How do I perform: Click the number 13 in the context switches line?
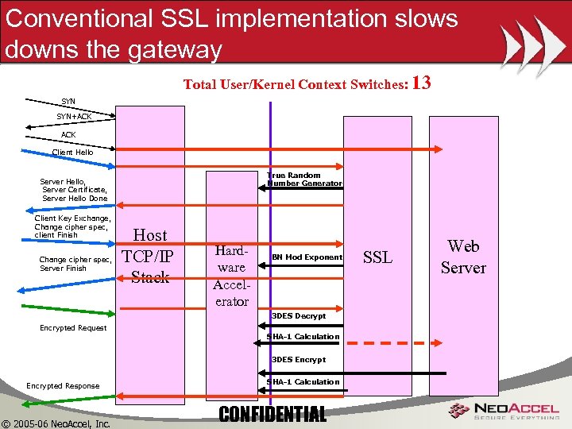pos(423,83)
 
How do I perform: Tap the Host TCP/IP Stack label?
pos(150,256)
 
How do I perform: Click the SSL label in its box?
pos(377,257)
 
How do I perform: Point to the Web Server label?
pos(463,257)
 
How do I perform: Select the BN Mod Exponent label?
pos(307,257)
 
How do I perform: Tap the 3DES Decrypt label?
pos(299,316)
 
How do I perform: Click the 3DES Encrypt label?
pos(299,360)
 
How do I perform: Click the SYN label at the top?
pos(68,102)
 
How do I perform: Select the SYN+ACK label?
pos(73,117)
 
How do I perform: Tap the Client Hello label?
pos(72,152)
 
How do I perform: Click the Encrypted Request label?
pos(73,327)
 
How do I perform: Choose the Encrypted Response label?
pos(63,386)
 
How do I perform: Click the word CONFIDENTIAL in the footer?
pos(272,414)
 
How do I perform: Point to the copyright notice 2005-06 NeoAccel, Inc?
pos(56,423)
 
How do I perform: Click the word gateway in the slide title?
pos(166,49)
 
